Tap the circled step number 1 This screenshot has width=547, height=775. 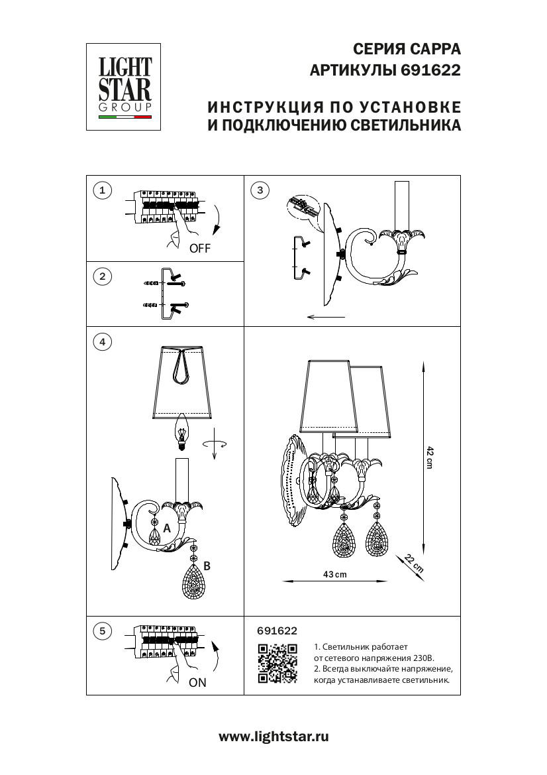pyautogui.click(x=101, y=191)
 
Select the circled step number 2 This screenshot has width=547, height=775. pyautogui.click(x=101, y=276)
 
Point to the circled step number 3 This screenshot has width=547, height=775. pyautogui.click(x=260, y=191)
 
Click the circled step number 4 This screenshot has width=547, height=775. pyautogui.click(x=101, y=342)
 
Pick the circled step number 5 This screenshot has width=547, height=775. pyautogui.click(x=101, y=630)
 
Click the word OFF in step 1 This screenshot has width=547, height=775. pyautogui.click(x=199, y=249)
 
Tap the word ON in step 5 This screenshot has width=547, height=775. pyautogui.click(x=197, y=683)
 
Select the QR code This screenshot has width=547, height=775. pyautogui.click(x=277, y=663)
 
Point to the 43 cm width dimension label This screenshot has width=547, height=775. pyautogui.click(x=335, y=574)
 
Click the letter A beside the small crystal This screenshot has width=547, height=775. pyautogui.click(x=167, y=528)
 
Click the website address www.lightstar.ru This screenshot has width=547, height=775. pyautogui.click(x=273, y=736)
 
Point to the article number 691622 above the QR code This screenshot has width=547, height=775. pyautogui.click(x=276, y=631)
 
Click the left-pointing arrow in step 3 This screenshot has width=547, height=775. pyautogui.click(x=326, y=318)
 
